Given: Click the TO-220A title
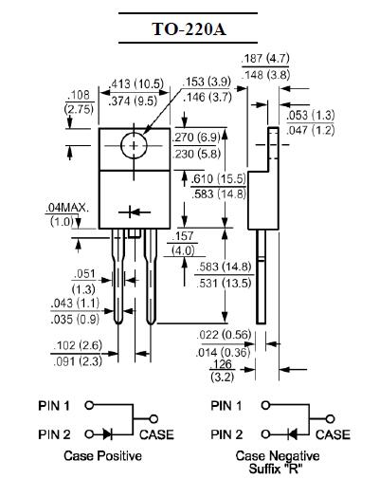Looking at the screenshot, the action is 189,28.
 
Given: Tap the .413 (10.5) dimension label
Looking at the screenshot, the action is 135,84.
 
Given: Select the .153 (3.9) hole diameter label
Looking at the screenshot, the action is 207,82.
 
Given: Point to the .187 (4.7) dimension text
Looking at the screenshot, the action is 265,59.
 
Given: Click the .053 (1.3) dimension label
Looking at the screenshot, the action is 310,115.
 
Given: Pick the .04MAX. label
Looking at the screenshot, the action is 67,208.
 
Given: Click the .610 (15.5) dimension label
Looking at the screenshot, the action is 219,179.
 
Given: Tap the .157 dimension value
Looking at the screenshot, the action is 183,236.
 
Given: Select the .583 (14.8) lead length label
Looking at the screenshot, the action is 224,267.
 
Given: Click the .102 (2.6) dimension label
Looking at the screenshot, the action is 78,345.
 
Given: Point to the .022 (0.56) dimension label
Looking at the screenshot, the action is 224,335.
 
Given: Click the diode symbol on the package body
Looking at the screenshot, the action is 135,212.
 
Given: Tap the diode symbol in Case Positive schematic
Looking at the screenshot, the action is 107,434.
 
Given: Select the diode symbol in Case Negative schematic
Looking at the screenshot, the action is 293,434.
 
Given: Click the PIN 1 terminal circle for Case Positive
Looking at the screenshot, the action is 89,405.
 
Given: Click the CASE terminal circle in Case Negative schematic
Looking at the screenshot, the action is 330,419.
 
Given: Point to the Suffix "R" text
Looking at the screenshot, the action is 274,469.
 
